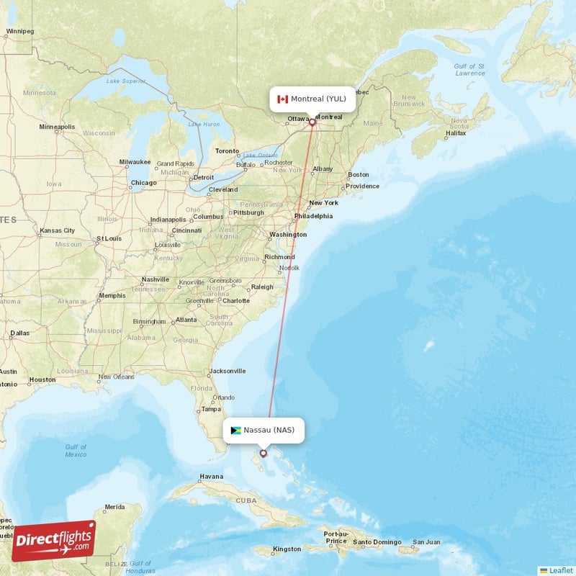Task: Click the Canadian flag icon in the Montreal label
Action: point(282,99)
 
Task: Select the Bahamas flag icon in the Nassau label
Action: point(235,431)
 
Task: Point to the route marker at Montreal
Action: point(312,122)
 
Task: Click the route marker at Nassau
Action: point(264,453)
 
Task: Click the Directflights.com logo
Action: point(53,541)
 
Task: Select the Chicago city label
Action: point(143,183)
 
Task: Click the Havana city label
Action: point(211,477)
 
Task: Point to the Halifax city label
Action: point(456,134)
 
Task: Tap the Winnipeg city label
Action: point(19,32)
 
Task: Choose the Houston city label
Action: point(42,379)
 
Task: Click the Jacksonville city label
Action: point(227,372)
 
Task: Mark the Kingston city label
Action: point(287,549)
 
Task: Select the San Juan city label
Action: point(426,542)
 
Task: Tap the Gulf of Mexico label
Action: point(76,451)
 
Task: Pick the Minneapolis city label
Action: point(57,127)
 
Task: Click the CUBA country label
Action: point(247,500)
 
